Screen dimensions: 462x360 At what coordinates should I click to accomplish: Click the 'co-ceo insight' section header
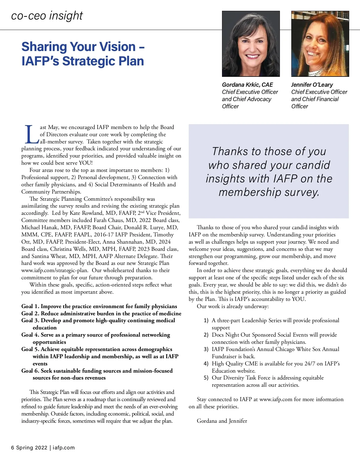coord(47,16)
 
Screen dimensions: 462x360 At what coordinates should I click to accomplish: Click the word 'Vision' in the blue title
coord(117,47)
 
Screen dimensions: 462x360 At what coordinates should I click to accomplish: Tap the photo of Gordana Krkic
coord(251,44)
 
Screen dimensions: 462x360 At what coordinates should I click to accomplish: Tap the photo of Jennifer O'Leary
coord(320,44)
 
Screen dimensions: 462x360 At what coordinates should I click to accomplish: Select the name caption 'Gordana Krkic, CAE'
coord(247,85)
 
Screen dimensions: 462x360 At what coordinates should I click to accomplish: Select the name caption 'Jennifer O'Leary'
coord(312,85)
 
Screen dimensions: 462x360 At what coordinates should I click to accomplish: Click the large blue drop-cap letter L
coord(31,135)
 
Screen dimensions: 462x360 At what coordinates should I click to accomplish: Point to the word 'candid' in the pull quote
coord(313,165)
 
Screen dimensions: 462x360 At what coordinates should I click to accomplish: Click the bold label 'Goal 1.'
coord(30,306)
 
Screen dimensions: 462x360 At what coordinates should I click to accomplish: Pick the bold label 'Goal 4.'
coord(30,335)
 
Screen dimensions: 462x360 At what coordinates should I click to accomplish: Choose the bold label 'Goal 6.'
coord(30,371)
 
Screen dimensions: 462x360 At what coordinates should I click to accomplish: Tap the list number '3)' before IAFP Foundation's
coord(206,349)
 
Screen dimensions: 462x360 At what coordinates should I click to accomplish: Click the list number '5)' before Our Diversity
coord(206,378)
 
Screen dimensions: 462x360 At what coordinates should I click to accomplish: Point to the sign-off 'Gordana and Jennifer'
coord(222,421)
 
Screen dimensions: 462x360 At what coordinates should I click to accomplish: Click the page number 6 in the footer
coord(13,448)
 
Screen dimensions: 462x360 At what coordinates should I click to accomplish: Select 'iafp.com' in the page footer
coord(64,448)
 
